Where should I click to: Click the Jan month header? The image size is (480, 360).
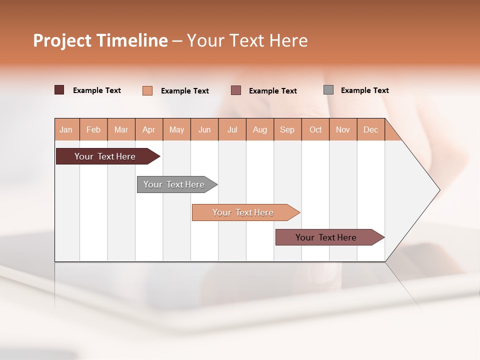66,129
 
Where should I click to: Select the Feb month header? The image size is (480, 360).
93,129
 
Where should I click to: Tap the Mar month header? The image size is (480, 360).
121,129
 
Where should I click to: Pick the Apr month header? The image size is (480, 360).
149,129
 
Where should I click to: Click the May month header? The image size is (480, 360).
176,129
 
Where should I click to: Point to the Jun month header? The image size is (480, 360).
204,129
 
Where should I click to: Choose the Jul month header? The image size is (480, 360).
232,129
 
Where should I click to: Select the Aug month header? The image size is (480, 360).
260,129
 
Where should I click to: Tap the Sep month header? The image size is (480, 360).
287,129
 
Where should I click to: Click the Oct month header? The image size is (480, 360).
315,129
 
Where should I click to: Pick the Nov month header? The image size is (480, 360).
343,129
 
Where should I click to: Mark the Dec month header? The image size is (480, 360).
371,129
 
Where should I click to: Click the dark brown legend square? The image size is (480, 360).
59,90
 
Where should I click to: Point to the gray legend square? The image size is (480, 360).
328,90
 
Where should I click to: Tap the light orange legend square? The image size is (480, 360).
147,90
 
